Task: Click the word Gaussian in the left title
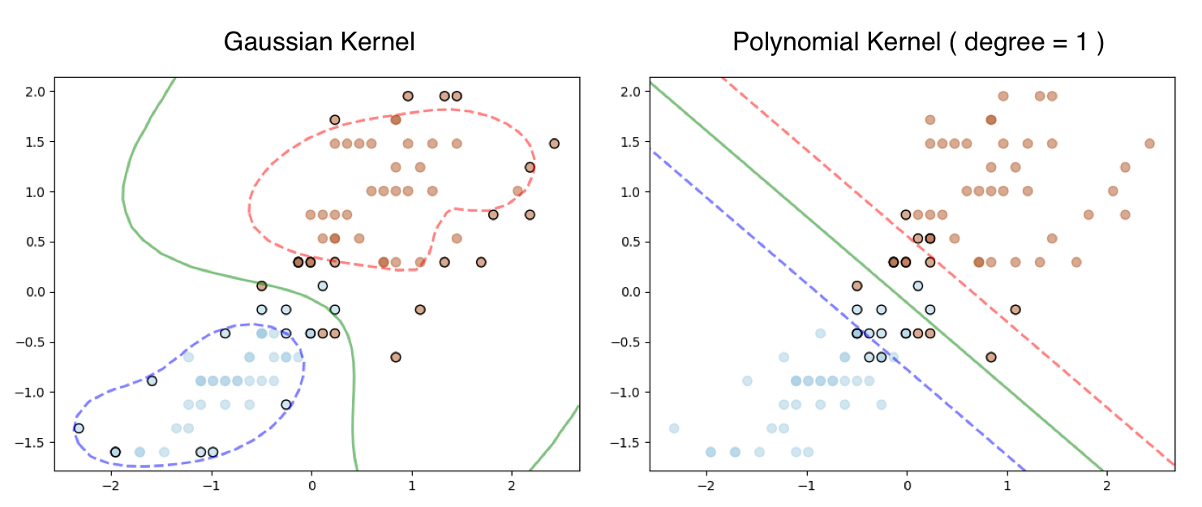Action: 273,42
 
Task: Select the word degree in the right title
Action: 996,42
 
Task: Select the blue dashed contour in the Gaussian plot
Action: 303,365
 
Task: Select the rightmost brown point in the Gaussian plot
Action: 554,144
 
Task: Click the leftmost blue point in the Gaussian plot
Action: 78,428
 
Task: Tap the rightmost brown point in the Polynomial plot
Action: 1149,144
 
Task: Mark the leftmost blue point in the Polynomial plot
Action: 673,428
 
